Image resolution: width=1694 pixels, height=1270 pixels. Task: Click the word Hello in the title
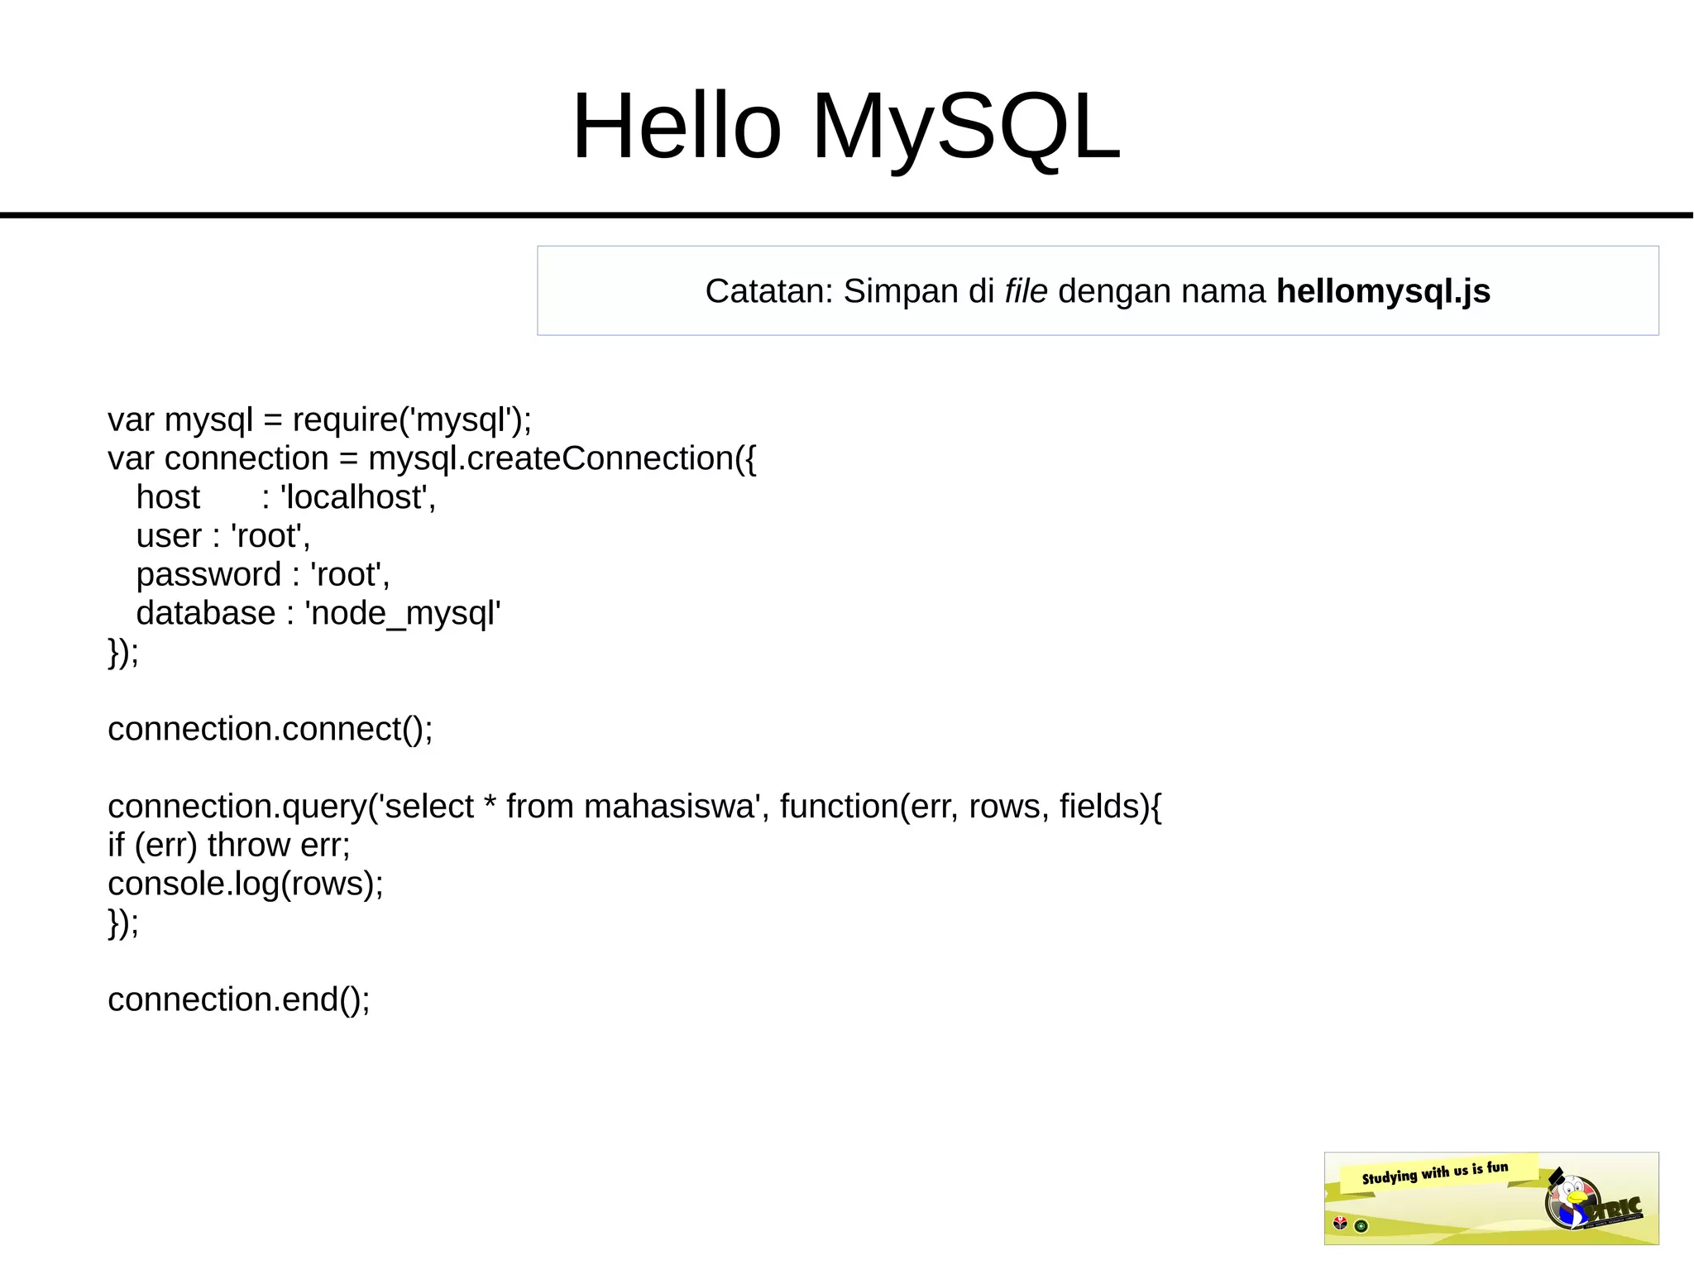click(677, 127)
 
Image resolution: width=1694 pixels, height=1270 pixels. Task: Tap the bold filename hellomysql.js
click(1383, 291)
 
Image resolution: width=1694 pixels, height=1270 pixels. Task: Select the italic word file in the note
click(1026, 291)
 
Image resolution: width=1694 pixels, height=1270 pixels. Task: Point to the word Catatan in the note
click(768, 291)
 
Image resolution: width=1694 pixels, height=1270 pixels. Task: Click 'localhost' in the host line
click(357, 497)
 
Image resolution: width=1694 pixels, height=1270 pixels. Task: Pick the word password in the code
click(208, 574)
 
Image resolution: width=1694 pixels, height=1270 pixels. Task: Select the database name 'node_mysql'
click(403, 613)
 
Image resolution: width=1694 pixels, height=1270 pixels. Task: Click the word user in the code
click(169, 536)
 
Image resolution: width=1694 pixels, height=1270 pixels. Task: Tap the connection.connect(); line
click(270, 729)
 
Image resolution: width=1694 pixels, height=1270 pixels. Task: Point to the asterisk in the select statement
click(490, 803)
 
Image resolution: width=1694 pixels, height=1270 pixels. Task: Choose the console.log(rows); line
click(246, 884)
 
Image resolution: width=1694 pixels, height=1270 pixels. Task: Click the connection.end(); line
click(238, 999)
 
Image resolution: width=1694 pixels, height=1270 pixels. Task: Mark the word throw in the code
click(249, 845)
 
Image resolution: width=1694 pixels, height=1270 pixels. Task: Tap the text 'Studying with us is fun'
click(1435, 1172)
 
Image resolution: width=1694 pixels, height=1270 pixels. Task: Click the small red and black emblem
click(1341, 1224)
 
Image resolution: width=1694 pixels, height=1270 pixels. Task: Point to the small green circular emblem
click(1361, 1226)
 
